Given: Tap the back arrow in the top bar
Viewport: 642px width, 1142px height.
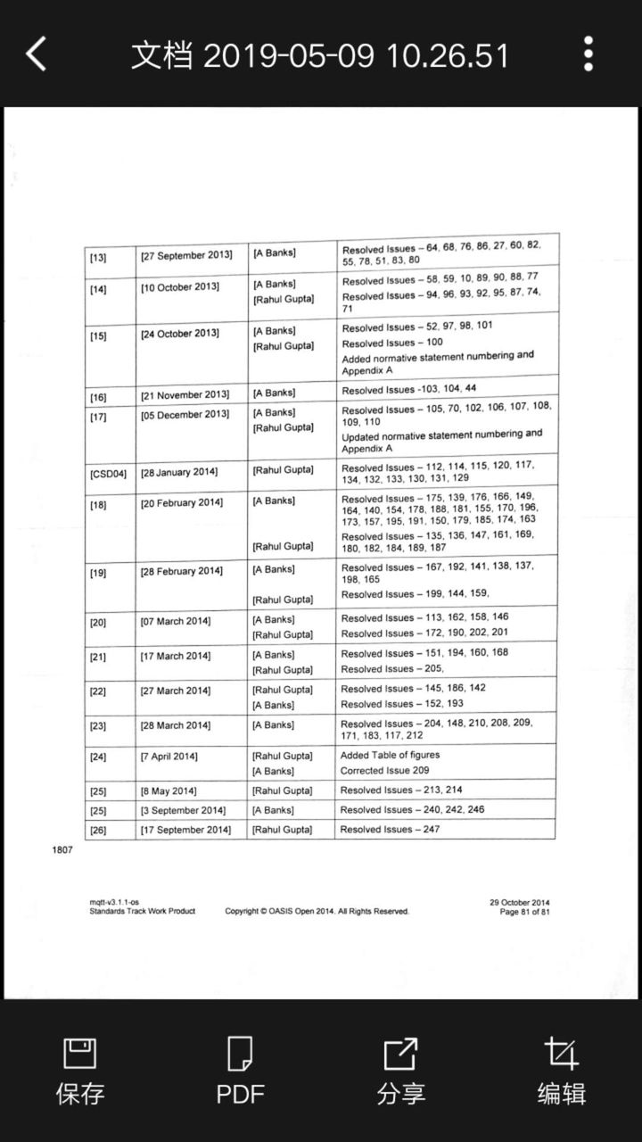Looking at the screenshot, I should click(x=37, y=54).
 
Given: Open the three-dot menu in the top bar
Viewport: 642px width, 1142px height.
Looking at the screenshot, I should click(x=588, y=54).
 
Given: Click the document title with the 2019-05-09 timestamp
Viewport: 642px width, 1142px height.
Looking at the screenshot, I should click(x=320, y=55).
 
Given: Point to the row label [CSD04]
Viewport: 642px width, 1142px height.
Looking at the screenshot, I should click(x=108, y=473).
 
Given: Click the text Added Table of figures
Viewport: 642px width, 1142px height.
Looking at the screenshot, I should click(x=390, y=755).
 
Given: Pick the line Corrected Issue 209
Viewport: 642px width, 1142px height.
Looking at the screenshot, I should click(x=384, y=770).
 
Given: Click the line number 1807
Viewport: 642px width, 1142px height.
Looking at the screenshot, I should click(x=62, y=849).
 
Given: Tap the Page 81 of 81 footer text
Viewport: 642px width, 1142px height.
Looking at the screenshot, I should click(x=525, y=911).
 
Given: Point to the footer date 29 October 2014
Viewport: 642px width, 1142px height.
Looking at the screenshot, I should click(x=519, y=902).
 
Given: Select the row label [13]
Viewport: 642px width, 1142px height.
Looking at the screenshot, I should click(x=98, y=258).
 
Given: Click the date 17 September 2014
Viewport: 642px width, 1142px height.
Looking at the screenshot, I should click(x=185, y=831).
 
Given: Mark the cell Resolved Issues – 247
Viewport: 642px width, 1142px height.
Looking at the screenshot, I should click(x=390, y=830).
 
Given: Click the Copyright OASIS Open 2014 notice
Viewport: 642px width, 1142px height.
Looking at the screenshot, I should click(x=317, y=911).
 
